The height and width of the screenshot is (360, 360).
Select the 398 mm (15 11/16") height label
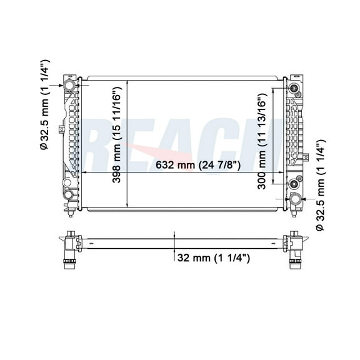pyautogui.click(x=117, y=142)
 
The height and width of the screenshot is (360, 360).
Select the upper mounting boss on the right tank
pyautogui.click(x=292, y=87)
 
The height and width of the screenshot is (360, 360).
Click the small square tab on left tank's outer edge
pyautogui.click(x=60, y=129)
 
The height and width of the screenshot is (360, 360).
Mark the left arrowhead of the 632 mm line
pyautogui.click(x=85, y=172)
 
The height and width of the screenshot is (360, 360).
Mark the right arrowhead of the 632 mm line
pyautogui.click(x=282, y=172)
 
